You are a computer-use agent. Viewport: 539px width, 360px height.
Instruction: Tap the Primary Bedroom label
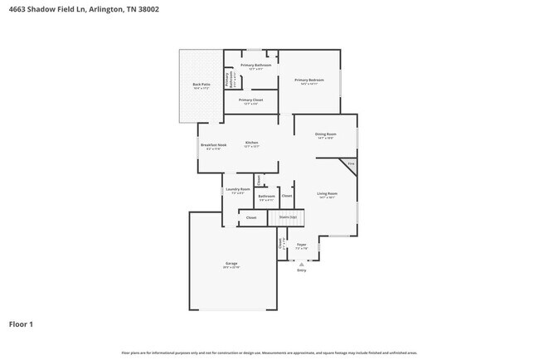[x=309, y=80]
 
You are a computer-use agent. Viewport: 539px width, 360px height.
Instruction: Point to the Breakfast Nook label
[x=213, y=145]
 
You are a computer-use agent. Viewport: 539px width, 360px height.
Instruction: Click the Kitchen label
[x=251, y=143]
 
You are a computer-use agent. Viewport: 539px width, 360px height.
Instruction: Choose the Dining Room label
[x=325, y=134]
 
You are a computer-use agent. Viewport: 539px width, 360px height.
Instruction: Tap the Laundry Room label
[x=237, y=190]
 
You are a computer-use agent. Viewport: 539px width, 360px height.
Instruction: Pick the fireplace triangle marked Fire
[x=352, y=164]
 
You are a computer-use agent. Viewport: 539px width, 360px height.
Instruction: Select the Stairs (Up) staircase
[x=289, y=218]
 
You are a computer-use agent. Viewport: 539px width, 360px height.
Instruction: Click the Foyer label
[x=302, y=245]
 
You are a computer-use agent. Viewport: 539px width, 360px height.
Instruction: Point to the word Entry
[x=302, y=270]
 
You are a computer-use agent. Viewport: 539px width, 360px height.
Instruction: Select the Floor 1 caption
[x=22, y=324]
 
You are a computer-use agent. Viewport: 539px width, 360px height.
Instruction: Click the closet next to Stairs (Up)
[x=250, y=218]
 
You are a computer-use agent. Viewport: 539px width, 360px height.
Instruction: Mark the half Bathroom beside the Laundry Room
[x=267, y=197]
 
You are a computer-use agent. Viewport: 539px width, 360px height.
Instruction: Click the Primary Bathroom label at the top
[x=251, y=65]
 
